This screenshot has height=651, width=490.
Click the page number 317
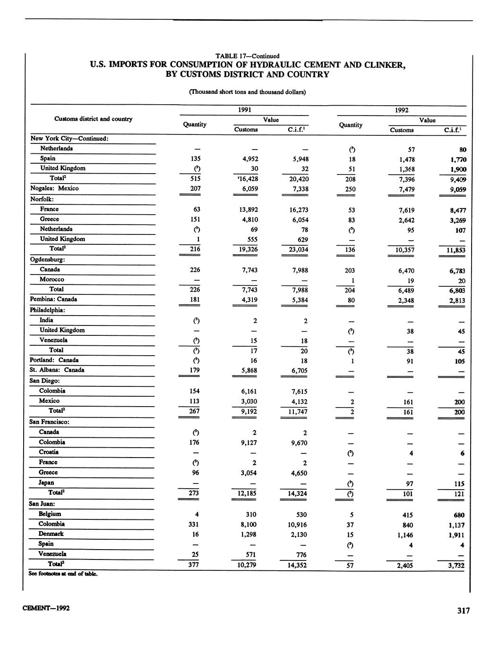pyautogui.click(x=463, y=610)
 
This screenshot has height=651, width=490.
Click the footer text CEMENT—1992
pyautogui.click(x=46, y=608)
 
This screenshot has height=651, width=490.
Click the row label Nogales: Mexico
pyautogui.click(x=54, y=188)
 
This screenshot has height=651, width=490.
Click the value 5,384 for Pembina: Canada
pyautogui.click(x=299, y=300)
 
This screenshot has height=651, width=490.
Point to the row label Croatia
pyautogui.click(x=49, y=452)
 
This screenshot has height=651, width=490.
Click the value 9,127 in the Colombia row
pyautogui.click(x=246, y=442)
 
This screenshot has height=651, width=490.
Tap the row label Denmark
pyautogui.click(x=51, y=534)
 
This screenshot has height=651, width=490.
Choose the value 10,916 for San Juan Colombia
pyautogui.click(x=297, y=525)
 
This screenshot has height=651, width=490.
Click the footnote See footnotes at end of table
pyautogui.click(x=63, y=574)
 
